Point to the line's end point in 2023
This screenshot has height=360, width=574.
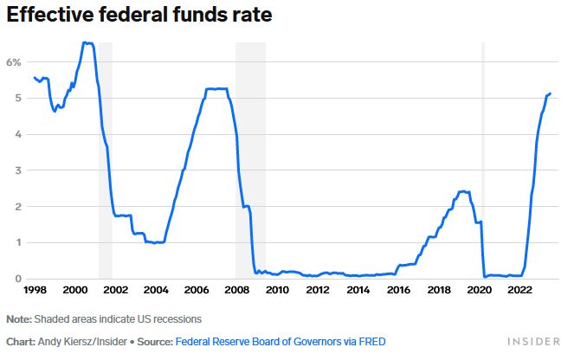pyautogui.click(x=550, y=93)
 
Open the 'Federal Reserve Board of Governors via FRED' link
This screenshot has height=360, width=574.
pyautogui.click(x=281, y=342)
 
